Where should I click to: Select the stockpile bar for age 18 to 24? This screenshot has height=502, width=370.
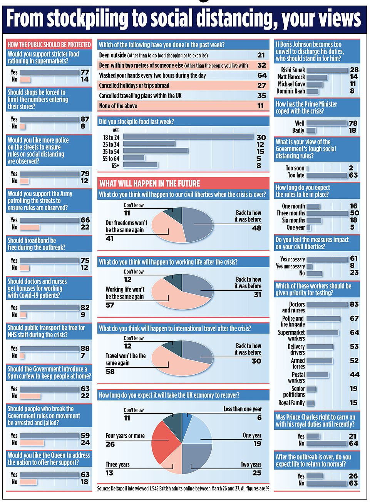(x=188, y=137)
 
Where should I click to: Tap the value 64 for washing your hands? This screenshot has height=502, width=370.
(x=262, y=75)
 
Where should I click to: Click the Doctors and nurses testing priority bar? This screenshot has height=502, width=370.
(x=327, y=304)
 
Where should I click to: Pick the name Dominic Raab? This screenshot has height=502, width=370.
(x=291, y=91)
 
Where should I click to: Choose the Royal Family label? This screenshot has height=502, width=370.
(x=291, y=403)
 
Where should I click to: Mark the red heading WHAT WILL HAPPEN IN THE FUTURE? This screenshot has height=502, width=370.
(x=150, y=183)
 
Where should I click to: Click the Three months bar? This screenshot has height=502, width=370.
(x=327, y=213)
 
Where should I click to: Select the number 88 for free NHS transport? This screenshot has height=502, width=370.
(x=85, y=348)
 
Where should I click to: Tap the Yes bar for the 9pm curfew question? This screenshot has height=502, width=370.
(x=49, y=389)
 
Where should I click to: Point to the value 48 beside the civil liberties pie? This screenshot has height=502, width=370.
(x=256, y=228)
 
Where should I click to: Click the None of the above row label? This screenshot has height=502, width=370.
(x=118, y=106)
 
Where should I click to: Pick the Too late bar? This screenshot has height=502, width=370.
(x=327, y=175)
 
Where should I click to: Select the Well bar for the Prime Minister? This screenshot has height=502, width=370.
(x=326, y=123)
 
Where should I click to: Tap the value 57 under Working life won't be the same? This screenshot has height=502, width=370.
(x=110, y=305)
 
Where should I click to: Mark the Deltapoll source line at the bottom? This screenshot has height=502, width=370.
(x=183, y=489)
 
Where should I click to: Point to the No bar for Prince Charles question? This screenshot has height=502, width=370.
(x=326, y=444)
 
